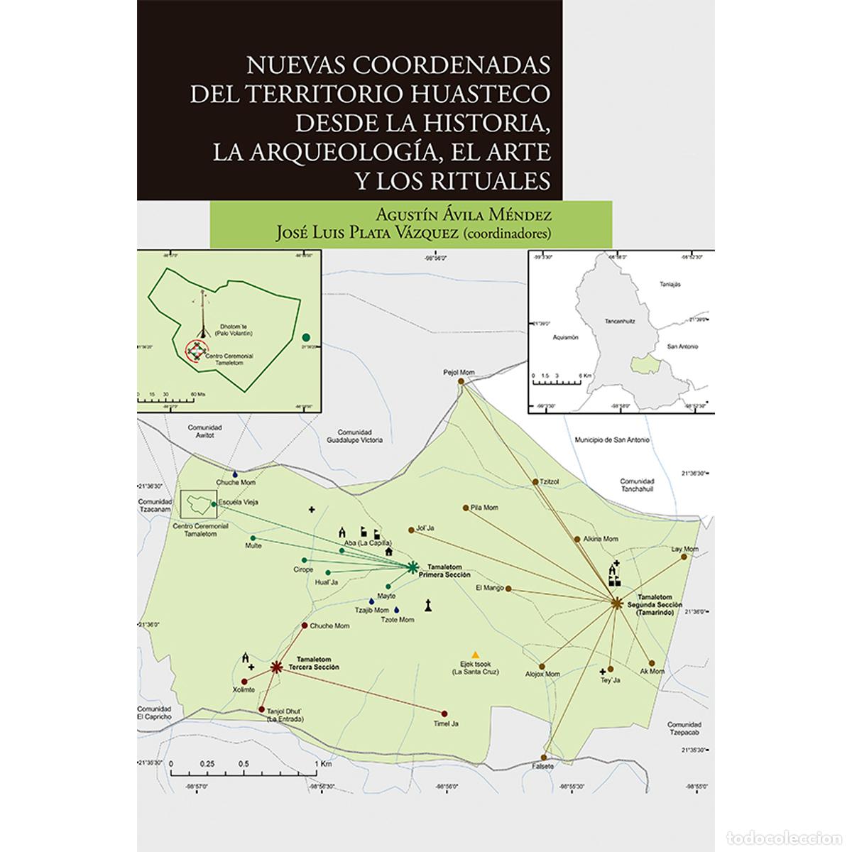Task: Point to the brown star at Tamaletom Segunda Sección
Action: [x=616, y=603]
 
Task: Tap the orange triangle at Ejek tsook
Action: [x=476, y=654]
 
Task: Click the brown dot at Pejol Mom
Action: [x=461, y=381]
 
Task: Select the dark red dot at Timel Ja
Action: [x=444, y=714]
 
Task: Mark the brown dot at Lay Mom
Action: [x=684, y=557]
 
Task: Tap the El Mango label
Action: [x=489, y=587]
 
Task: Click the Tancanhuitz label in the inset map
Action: [x=620, y=321]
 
